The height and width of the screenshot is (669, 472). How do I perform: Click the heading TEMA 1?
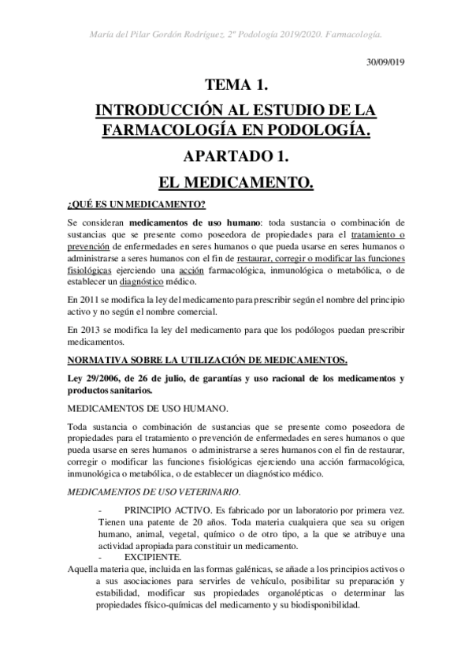coord(236,84)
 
